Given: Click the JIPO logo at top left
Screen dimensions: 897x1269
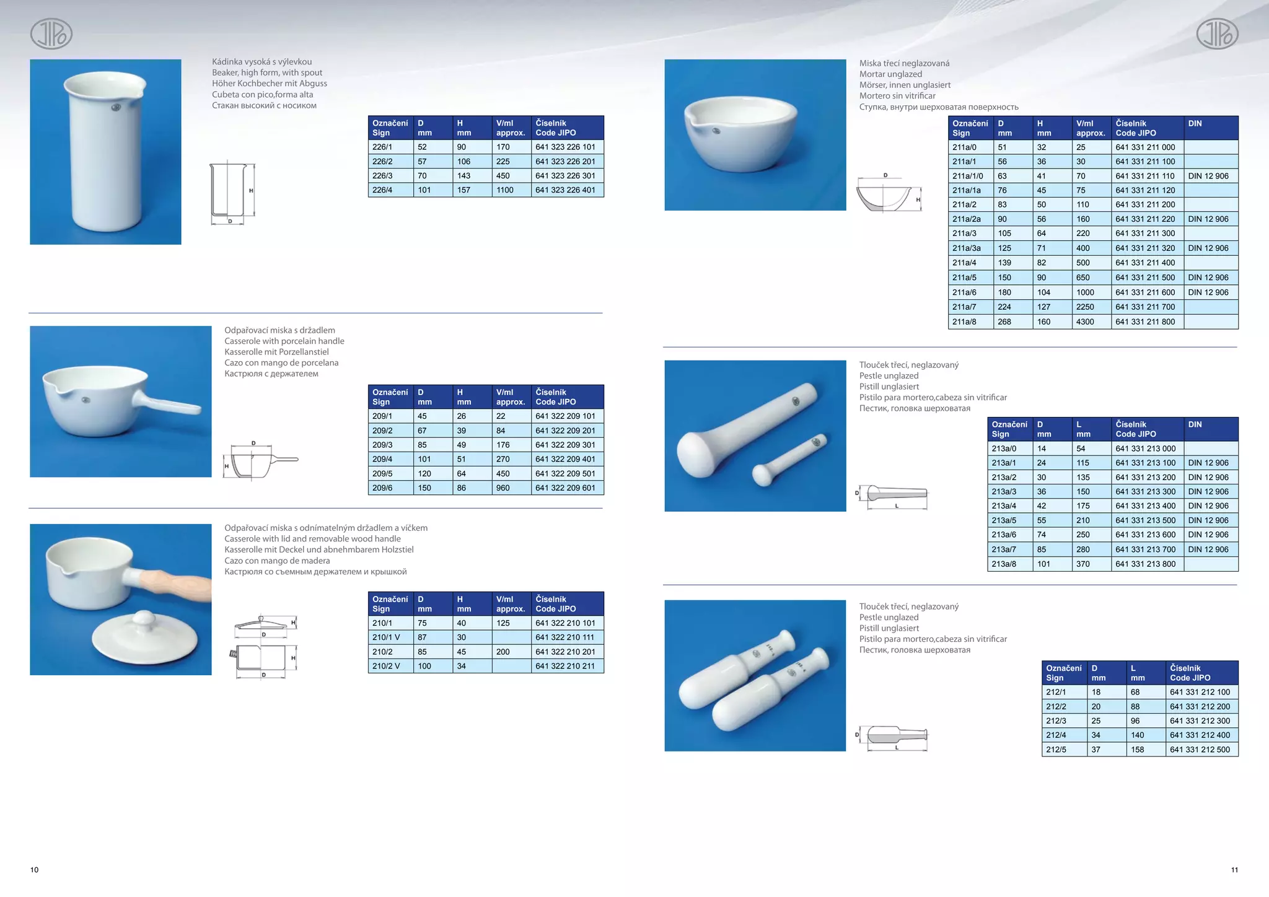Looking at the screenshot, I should pyautogui.click(x=51, y=33).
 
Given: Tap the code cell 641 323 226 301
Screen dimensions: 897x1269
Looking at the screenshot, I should pyautogui.click(x=565, y=176).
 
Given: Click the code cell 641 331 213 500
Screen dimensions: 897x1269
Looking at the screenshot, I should pyautogui.click(x=1145, y=520).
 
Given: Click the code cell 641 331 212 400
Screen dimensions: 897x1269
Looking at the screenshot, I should pyautogui.click(x=1200, y=735).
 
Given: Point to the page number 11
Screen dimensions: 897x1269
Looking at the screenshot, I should pyautogui.click(x=1234, y=870).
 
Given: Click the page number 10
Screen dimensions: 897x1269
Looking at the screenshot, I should pyautogui.click(x=35, y=870).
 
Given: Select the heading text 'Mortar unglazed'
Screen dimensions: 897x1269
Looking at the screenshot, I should pyautogui.click(x=890, y=74).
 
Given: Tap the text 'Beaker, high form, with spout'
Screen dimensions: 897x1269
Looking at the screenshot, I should pyautogui.click(x=267, y=72).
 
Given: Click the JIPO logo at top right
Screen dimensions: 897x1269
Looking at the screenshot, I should pyautogui.click(x=1217, y=33).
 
